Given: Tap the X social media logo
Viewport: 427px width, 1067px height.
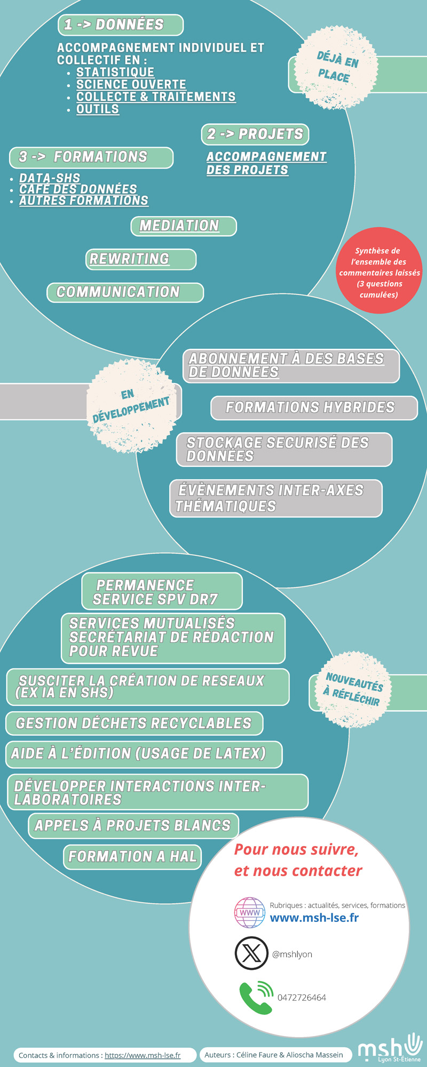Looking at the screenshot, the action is coord(251,953).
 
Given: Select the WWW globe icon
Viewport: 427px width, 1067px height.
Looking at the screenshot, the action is coord(250,913).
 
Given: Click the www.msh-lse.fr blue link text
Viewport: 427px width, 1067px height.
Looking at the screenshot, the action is coord(314,918).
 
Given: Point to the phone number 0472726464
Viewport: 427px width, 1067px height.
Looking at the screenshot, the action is coord(302,998).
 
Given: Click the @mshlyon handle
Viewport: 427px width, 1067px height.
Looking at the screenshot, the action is coord(292,954).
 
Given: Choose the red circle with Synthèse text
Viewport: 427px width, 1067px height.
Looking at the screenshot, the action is coord(379,270).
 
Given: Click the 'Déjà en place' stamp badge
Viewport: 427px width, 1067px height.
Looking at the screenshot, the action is coord(337,68).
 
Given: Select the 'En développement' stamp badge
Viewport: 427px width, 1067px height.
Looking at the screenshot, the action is coord(131,406).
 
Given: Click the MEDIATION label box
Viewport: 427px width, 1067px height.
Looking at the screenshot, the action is coord(184,226).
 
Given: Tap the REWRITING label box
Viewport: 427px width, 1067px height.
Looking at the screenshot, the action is coord(141,259).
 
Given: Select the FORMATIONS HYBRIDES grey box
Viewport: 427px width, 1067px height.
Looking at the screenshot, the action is coord(314,408).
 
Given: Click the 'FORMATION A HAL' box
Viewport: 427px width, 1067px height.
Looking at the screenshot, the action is coord(133,857).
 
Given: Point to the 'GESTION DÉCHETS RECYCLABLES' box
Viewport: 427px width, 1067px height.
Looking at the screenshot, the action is coord(135,723).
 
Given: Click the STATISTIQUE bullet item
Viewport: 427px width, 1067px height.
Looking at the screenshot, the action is coord(115,72).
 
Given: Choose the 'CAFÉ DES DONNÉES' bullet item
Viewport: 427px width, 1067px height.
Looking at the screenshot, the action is coord(78,189).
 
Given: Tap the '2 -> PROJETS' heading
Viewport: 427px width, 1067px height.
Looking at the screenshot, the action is coord(255,134).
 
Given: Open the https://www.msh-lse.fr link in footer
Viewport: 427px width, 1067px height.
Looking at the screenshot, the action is coord(143,1055).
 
